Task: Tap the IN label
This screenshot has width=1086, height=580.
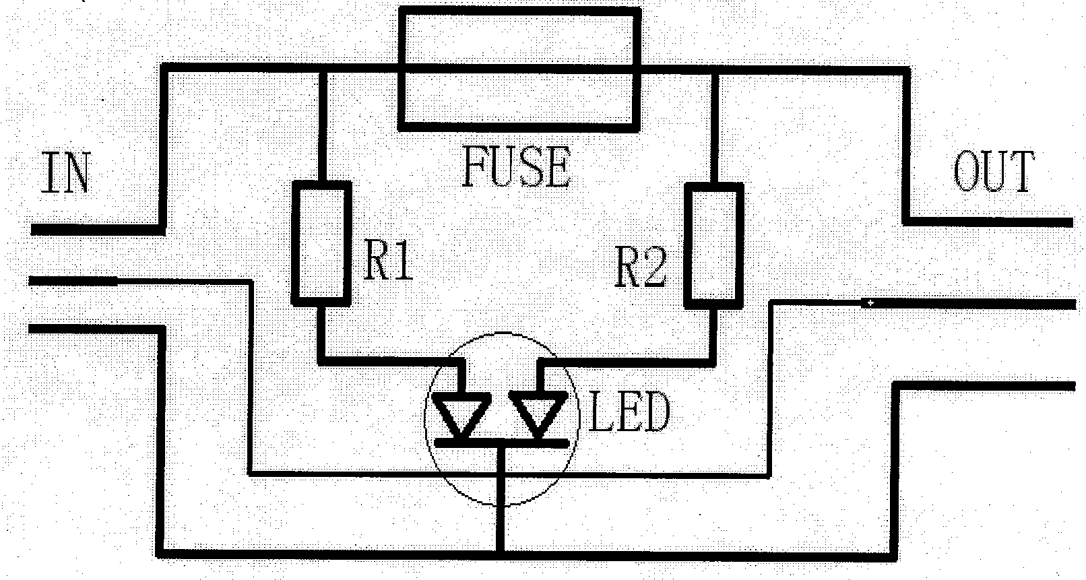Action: [65, 174]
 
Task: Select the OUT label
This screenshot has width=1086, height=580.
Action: [993, 172]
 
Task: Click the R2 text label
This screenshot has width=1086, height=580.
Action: [641, 267]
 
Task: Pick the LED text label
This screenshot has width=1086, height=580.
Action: [629, 413]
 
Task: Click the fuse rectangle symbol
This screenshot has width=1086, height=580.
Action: [518, 67]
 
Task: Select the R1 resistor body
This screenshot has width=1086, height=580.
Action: [321, 243]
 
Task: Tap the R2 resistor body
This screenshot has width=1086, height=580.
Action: [714, 244]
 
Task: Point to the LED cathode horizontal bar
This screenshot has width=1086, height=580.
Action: [501, 443]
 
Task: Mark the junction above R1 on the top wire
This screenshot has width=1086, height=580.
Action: [322, 66]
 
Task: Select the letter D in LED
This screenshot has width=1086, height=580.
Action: [654, 413]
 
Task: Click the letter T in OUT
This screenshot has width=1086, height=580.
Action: [1019, 172]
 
